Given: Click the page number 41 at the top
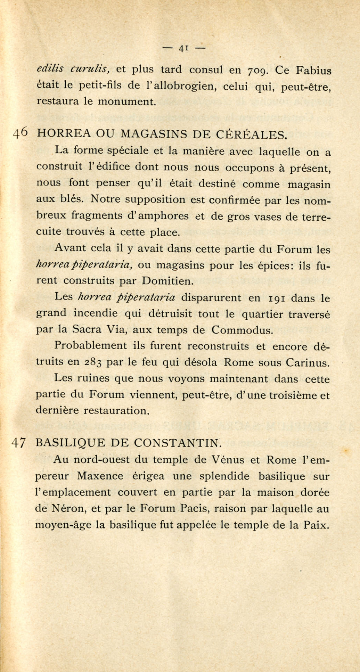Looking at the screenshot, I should tap(183, 48).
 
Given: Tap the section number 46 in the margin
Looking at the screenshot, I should tap(20, 133).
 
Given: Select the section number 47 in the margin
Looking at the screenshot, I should tap(18, 443).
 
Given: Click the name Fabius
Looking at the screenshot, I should tap(314, 71).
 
